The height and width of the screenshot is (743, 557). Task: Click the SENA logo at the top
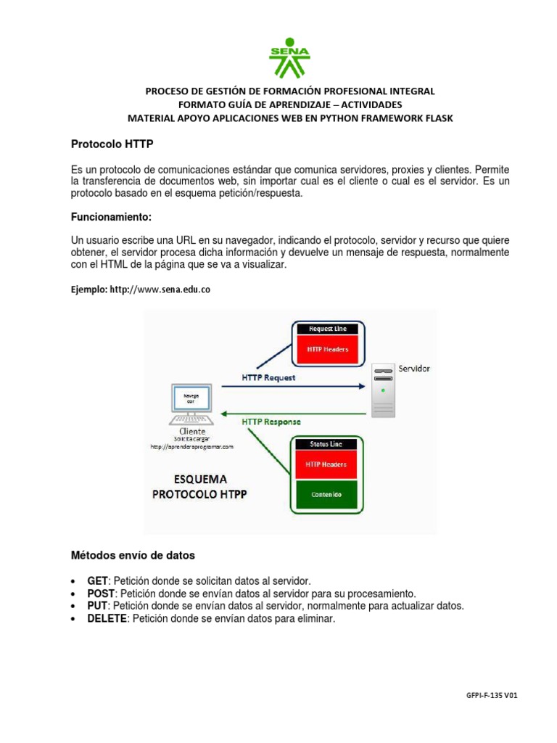(290, 57)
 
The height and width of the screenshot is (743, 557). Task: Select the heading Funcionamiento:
(112, 217)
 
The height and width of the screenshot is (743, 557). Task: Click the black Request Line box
(329, 329)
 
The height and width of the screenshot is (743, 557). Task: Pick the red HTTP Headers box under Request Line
(329, 350)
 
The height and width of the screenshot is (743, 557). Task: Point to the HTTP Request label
(268, 377)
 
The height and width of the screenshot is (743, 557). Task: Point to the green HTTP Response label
(271, 422)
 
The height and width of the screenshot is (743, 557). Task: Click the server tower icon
(384, 390)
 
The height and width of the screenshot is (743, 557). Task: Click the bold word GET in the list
(97, 581)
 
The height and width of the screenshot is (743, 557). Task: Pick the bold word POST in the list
(101, 594)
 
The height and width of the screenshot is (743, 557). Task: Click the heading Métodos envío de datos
(133, 555)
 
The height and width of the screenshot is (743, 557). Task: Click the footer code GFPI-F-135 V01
(492, 694)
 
